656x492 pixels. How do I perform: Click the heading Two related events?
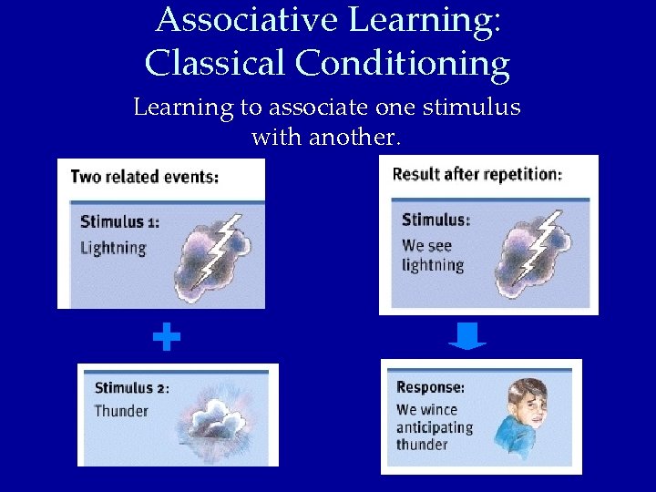click(144, 176)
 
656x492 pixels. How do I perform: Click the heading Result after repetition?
click(477, 174)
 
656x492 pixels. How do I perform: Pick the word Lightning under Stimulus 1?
click(113, 247)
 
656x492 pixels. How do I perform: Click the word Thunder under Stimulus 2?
click(121, 411)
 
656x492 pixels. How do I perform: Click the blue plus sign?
click(166, 338)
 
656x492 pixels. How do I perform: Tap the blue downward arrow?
click(467, 338)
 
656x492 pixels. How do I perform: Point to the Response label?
click(430, 387)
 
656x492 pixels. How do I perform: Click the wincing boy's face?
click(529, 405)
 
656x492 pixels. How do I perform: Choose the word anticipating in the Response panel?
click(435, 427)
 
